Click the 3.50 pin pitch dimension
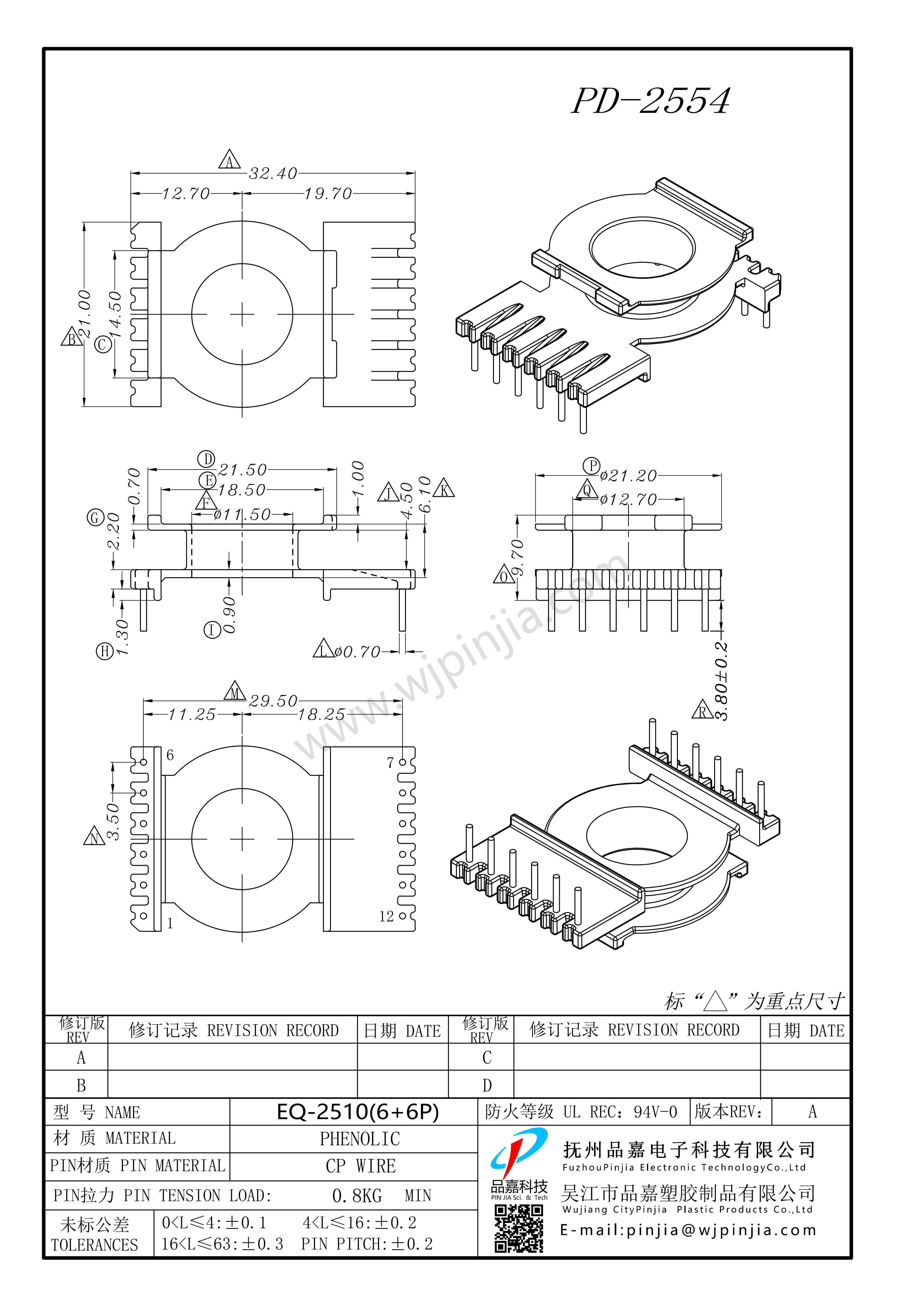pyautogui.click(x=113, y=821)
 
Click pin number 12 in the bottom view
pyautogui.click(x=387, y=916)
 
